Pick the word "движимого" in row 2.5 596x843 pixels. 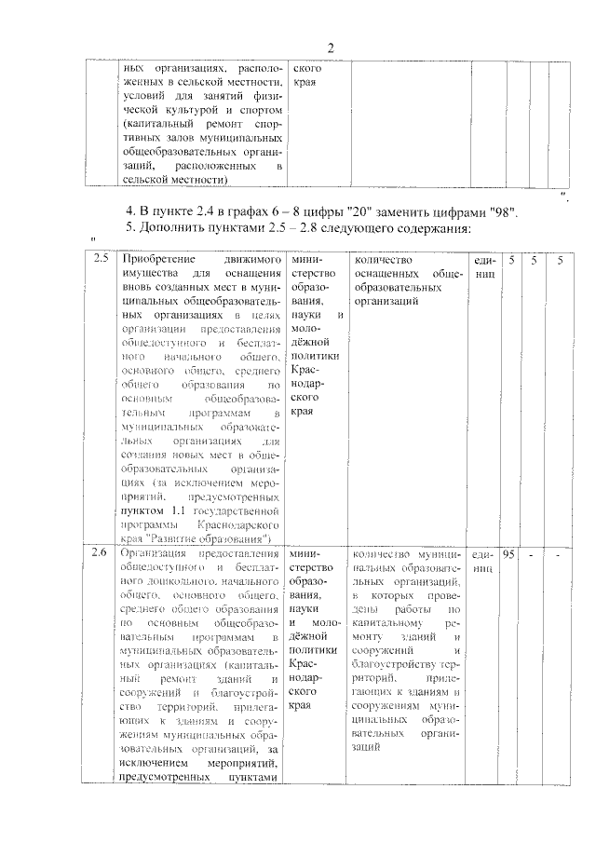point(252,259)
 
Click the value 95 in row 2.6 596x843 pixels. point(509,555)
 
